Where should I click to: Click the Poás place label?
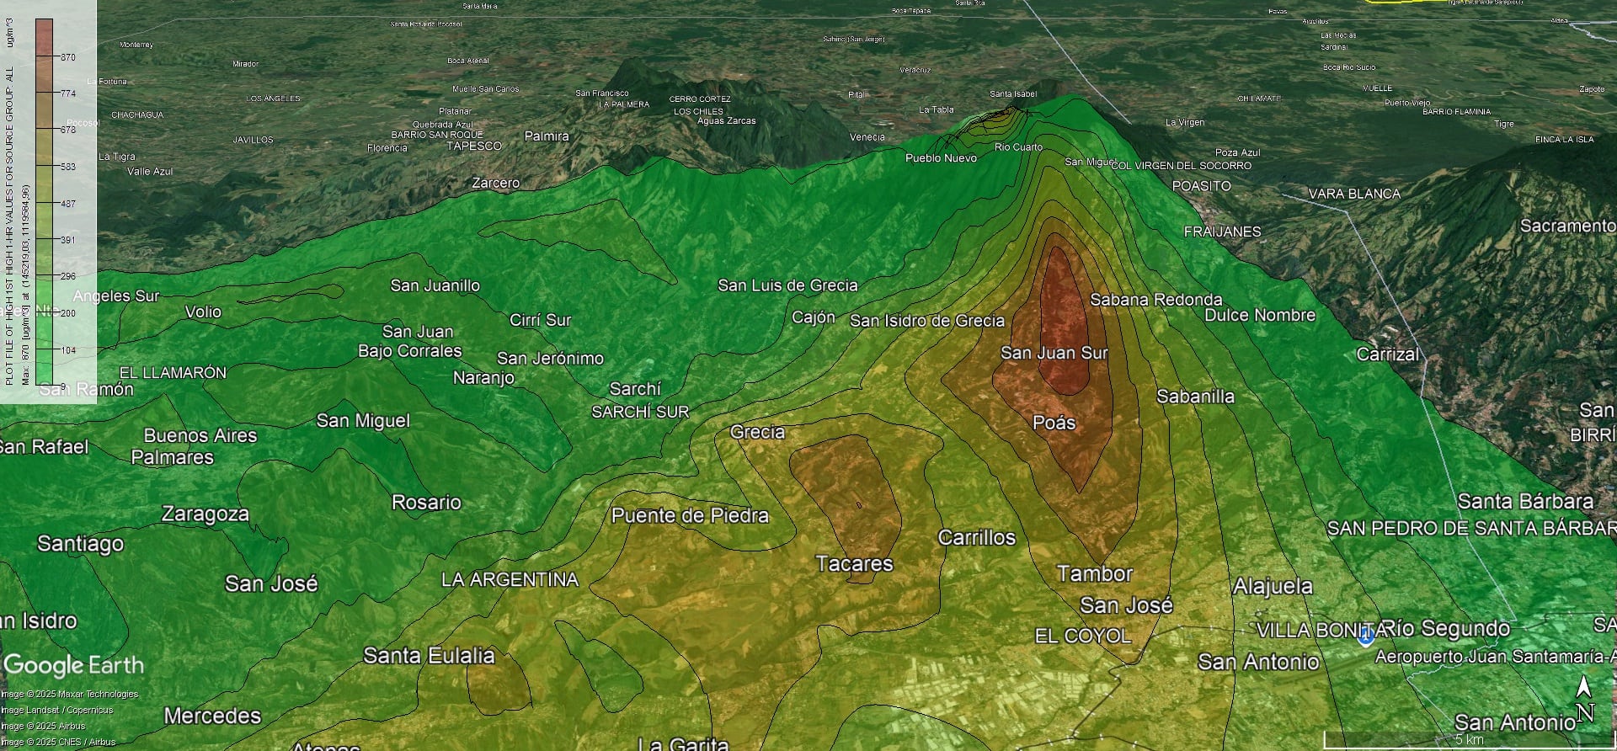coord(1054,423)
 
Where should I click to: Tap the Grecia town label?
coord(757,432)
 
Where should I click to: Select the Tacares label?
coord(854,563)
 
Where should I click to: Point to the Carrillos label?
coord(977,537)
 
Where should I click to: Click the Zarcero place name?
coord(495,183)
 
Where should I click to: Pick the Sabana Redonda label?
coord(1155,300)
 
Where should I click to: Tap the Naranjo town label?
coord(483,377)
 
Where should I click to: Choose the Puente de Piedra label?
coord(690,515)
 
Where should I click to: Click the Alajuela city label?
coord(1273,586)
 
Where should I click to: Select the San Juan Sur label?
coord(1054,353)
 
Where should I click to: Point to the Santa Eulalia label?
coord(429,655)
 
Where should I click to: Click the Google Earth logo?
coord(74,665)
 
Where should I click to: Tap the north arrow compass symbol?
coord(1584,699)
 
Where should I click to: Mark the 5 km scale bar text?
coord(1469,740)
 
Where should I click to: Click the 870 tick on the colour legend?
coord(67,57)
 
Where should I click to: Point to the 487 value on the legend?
coord(67,204)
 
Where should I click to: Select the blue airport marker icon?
coord(1366,636)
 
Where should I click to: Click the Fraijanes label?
coord(1222,232)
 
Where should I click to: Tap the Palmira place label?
coord(547,136)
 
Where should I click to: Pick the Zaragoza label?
coord(205,514)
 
